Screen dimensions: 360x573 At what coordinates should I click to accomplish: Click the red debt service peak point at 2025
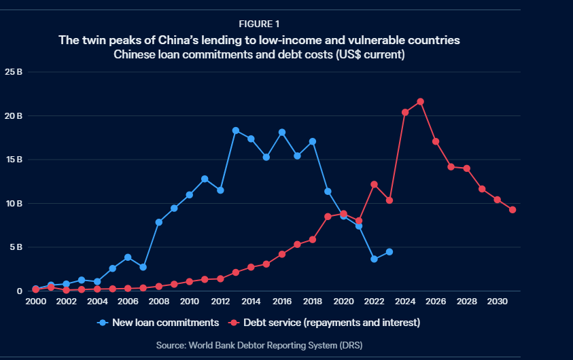(x=420, y=102)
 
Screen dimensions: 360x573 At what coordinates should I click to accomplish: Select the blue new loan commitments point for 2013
(x=236, y=130)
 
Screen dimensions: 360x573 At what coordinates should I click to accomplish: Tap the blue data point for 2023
(x=389, y=252)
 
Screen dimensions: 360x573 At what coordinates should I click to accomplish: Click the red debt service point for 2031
(x=513, y=209)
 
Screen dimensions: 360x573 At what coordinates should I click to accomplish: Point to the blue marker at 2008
(x=158, y=222)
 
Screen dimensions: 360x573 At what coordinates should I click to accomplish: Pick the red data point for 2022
(x=374, y=184)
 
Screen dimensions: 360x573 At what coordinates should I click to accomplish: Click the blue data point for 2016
(x=282, y=132)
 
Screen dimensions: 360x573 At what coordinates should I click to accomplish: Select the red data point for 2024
(x=405, y=113)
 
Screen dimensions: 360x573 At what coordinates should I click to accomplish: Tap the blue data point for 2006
(x=128, y=257)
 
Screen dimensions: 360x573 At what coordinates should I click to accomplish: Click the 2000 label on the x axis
(x=35, y=301)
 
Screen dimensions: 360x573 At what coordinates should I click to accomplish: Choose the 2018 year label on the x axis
(x=313, y=301)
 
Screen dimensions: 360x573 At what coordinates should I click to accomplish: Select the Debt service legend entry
(x=326, y=323)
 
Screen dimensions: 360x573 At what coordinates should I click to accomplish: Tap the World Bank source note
(x=259, y=346)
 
